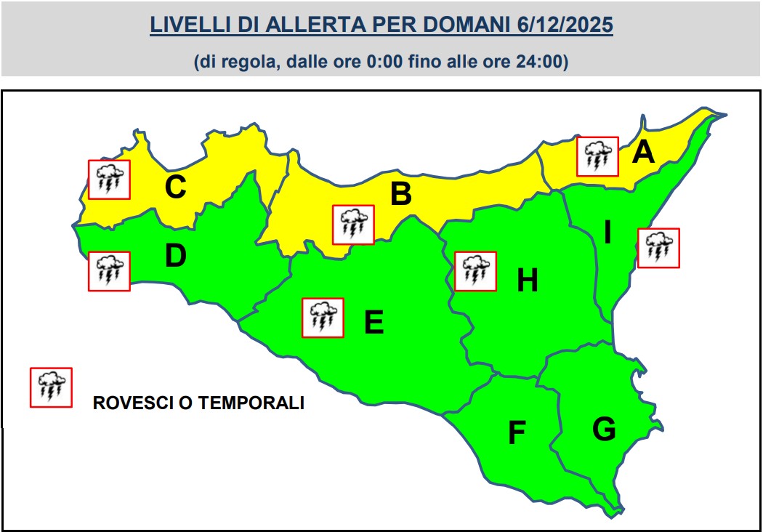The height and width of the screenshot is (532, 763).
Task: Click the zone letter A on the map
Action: click(643, 153)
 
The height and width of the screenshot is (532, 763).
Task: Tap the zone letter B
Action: click(401, 194)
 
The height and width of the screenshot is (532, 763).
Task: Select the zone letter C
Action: click(175, 188)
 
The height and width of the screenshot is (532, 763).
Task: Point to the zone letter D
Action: click(175, 256)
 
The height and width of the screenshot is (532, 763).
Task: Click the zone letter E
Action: click(374, 322)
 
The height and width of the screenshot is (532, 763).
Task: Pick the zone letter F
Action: click(516, 433)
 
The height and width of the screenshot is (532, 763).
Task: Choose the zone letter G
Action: click(604, 430)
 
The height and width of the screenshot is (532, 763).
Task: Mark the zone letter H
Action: click(527, 281)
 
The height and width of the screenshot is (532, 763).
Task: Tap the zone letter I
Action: click(607, 233)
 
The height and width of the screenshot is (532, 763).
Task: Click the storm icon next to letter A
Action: click(597, 156)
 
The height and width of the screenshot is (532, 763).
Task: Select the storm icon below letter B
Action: click(353, 225)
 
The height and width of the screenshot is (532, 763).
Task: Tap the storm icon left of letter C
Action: click(109, 180)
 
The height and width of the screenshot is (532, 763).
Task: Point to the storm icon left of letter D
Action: click(109, 271)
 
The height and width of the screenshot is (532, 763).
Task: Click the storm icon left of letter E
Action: click(323, 318)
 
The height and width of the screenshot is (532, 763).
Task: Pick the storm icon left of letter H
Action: click(475, 271)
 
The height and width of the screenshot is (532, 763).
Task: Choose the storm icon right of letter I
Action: click(658, 248)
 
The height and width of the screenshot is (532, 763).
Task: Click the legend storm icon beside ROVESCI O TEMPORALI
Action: click(51, 387)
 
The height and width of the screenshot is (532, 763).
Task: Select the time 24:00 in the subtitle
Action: click(544, 63)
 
